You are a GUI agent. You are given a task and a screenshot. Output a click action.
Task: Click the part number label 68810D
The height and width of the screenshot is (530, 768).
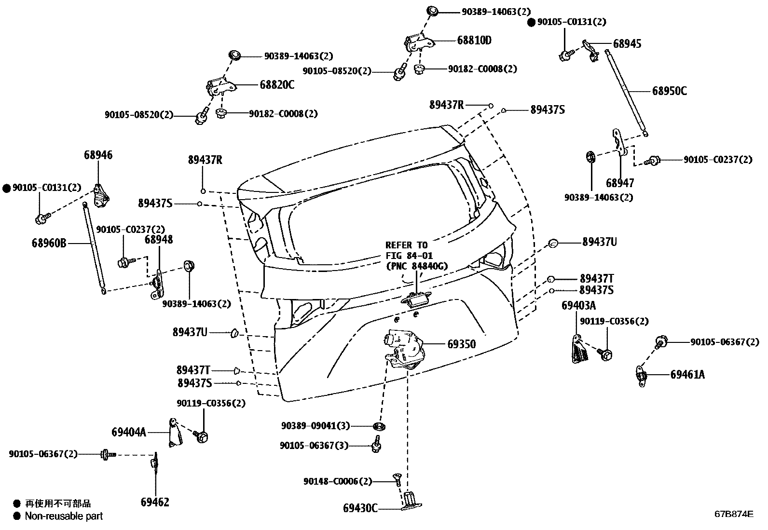tap(474, 41)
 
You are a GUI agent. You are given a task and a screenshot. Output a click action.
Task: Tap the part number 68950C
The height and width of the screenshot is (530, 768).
tap(669, 91)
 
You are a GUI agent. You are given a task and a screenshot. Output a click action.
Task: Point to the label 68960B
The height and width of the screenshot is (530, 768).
tap(49, 243)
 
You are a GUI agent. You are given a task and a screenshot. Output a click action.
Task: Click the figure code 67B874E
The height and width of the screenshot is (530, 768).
tap(734, 514)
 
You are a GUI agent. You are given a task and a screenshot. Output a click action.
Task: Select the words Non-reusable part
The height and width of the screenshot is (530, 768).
tap(64, 516)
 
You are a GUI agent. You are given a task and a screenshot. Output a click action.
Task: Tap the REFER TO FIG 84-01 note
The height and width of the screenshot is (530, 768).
tap(416, 256)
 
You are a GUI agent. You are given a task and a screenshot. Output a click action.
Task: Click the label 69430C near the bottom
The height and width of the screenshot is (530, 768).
tap(360, 508)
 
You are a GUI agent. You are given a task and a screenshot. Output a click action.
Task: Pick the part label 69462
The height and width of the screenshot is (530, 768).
tap(155, 502)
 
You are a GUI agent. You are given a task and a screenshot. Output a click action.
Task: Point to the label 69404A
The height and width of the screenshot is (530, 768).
tap(128, 432)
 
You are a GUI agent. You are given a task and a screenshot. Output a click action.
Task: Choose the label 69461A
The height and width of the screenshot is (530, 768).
tap(687, 374)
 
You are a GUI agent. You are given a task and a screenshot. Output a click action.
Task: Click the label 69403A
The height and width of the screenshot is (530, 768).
tap(578, 306)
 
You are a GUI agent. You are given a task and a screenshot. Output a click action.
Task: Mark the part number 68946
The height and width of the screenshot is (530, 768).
tap(98, 155)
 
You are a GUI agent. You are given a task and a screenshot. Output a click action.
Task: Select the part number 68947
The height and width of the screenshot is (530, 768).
tap(620, 183)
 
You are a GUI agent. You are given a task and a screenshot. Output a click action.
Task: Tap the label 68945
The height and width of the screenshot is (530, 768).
tap(627, 43)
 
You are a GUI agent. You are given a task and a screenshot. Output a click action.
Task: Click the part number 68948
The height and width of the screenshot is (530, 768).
tap(159, 240)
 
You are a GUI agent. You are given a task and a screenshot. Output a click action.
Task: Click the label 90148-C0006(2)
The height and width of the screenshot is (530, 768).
tap(338, 481)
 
